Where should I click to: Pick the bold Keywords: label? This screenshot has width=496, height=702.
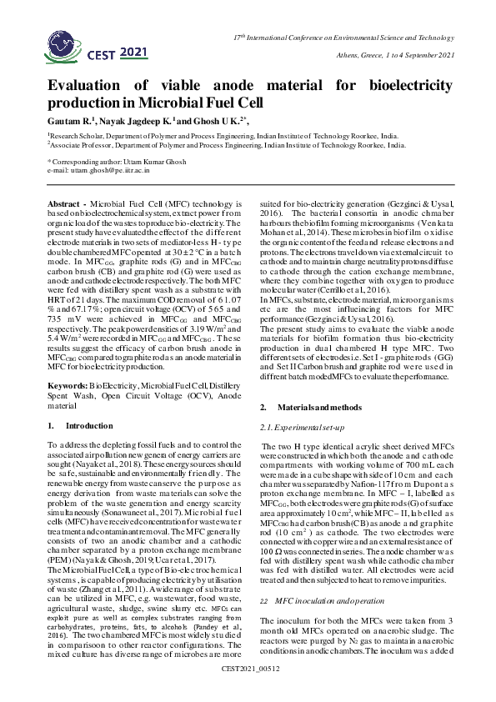(68, 387)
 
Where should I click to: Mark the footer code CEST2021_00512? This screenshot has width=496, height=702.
(248, 693)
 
